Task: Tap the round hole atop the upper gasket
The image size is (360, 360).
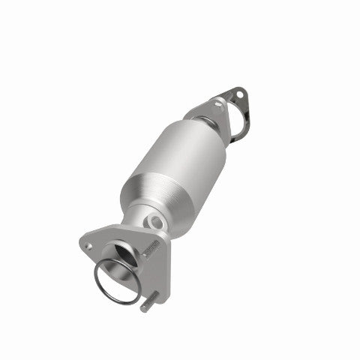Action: coord(238,94)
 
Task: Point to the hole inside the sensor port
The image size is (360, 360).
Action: coord(154,222)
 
